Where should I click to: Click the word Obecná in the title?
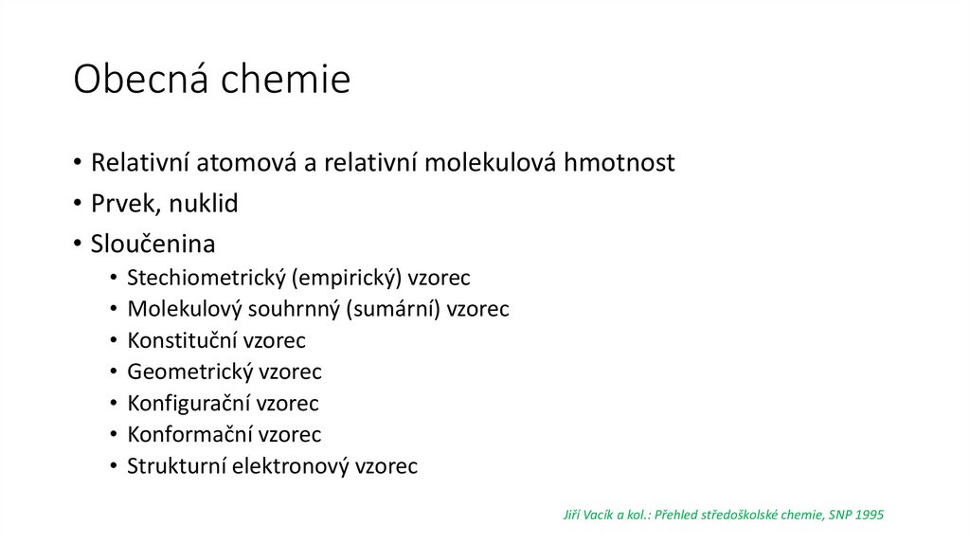click(141, 80)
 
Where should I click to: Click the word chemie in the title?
click(286, 80)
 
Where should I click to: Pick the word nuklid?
click(204, 203)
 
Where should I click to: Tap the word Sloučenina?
click(153, 244)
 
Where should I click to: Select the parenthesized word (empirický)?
click(348, 279)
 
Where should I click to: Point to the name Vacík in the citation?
click(598, 515)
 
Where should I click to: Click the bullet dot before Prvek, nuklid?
click(79, 204)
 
